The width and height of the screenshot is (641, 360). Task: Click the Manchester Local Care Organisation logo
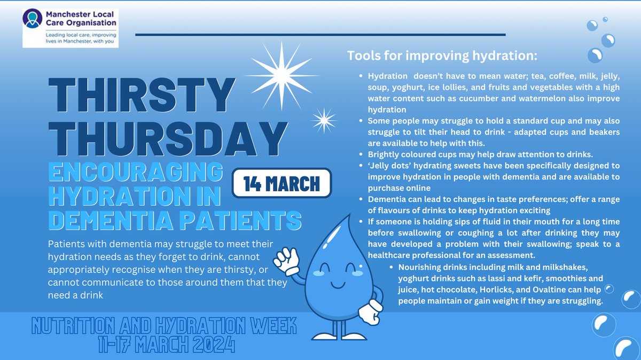point(70,27)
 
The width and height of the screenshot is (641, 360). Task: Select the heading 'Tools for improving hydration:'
point(442,56)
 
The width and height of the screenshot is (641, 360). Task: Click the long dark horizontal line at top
point(320,35)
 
